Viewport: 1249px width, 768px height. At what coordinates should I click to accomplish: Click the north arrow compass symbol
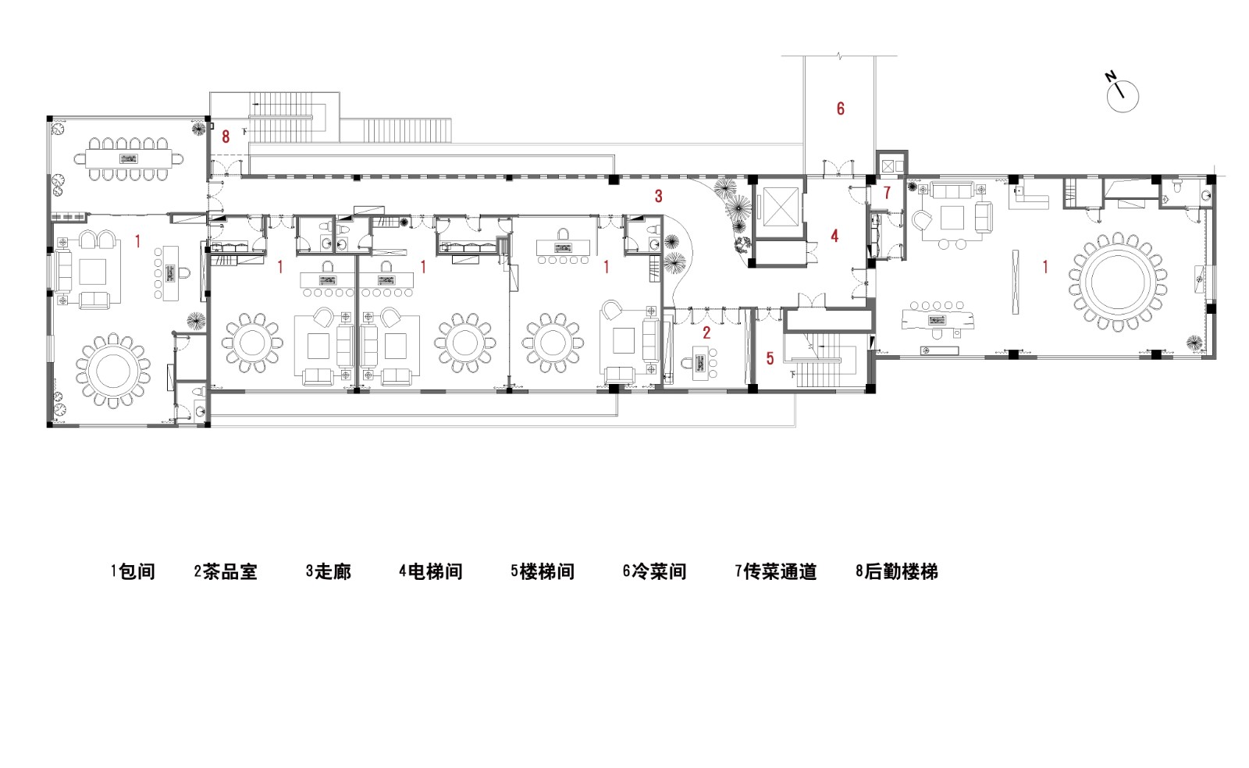coord(1122,94)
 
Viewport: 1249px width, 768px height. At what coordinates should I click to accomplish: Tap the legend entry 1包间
coord(133,572)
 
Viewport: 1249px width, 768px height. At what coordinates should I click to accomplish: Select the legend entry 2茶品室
coord(226,572)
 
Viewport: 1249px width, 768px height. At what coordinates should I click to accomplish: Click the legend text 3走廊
coord(329,572)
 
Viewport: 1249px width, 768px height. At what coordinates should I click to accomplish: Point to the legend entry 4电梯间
coord(431,572)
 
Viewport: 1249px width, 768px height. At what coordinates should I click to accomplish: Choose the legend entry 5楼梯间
coord(543,572)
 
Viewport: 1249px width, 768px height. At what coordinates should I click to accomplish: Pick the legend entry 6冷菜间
coord(654,572)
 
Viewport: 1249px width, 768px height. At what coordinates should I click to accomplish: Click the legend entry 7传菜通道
coord(775,572)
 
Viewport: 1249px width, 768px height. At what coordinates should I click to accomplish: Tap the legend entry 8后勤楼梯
coord(896,572)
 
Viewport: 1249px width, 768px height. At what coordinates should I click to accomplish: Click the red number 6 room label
coord(841,108)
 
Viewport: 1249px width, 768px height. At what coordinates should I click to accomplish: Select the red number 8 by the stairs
coord(226,137)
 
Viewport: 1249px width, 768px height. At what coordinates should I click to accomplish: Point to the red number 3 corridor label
coord(658,195)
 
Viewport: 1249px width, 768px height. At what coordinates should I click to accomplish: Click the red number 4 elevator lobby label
coord(834,236)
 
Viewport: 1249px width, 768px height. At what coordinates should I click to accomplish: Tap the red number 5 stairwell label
coord(770,359)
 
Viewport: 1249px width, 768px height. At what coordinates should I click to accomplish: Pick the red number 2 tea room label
coord(706,331)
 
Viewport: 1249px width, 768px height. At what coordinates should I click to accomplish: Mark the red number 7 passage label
coord(887,192)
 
